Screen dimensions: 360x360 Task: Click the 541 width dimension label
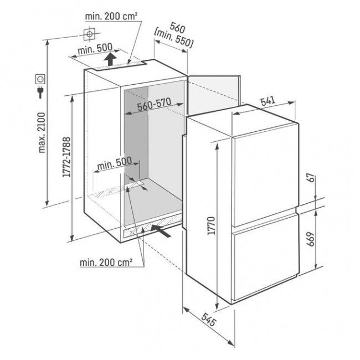[268, 101]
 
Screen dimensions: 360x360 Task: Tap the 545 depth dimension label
[209, 320]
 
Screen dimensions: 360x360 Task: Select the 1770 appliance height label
[211, 225]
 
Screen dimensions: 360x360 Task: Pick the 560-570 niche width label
[154, 104]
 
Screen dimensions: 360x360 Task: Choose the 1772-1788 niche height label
[66, 157]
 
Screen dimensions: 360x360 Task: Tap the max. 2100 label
[42, 133]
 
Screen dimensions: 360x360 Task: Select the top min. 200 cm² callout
[111, 16]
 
